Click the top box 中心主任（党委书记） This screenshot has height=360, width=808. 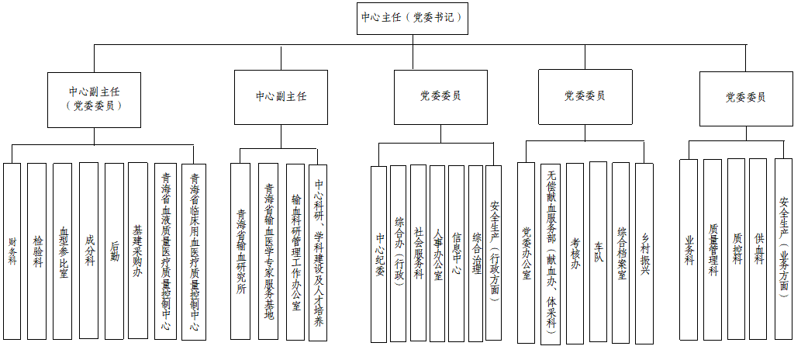point(413,18)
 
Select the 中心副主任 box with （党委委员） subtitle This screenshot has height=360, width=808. point(94,100)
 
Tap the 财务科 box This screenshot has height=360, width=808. point(12,251)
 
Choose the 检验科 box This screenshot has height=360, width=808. point(37,251)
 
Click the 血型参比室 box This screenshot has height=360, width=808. point(63,251)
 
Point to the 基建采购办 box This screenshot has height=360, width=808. point(137,251)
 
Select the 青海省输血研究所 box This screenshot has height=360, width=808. point(241,251)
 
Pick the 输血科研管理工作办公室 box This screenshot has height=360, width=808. point(295,251)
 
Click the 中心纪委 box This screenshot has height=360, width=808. point(378,254)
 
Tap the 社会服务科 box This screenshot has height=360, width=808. point(418,254)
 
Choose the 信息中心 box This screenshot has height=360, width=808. point(457,254)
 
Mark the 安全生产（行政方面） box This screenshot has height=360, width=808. point(494,254)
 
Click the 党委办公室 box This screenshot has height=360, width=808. point(527,253)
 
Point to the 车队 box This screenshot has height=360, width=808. point(598,253)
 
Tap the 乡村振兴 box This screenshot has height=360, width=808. point(644,253)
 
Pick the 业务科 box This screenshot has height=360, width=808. point(689,249)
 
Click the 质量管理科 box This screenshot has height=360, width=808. point(713,249)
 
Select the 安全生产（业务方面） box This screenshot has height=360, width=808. point(783,249)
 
